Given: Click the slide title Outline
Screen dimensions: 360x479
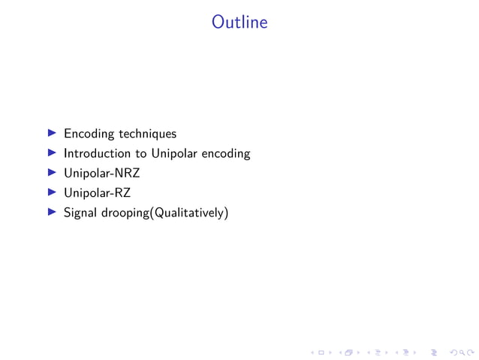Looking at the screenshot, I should click(239, 23).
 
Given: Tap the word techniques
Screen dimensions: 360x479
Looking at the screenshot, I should click(147, 134).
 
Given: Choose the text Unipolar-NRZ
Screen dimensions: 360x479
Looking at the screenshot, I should click(101, 173).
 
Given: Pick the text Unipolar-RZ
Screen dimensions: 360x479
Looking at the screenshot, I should click(97, 193).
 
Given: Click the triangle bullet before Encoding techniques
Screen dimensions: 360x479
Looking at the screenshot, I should click(52, 134).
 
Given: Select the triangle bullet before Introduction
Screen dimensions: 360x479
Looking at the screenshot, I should click(52, 153).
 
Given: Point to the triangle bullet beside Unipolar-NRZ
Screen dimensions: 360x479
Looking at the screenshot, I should click(52, 173).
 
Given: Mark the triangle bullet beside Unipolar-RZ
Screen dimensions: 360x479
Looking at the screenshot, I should click(52, 193).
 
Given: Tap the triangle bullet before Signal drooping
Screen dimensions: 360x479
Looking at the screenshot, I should click(52, 213).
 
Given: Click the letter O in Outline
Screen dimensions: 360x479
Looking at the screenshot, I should click(218, 23).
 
